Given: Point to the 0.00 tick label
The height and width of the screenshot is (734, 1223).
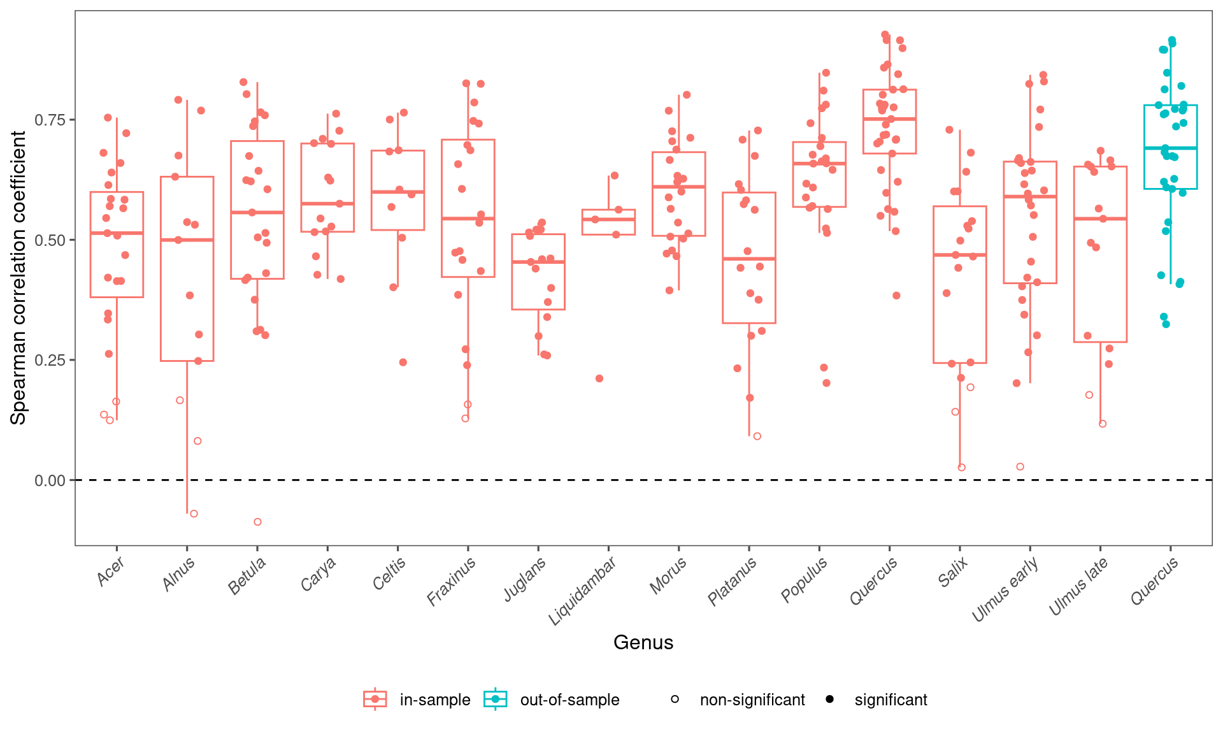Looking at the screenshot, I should [50, 480].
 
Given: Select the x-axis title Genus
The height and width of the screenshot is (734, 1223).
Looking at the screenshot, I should [643, 642].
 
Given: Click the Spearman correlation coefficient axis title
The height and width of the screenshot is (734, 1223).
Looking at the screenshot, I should [18, 278].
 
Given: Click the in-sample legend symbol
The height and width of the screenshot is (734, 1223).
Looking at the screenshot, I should [375, 700].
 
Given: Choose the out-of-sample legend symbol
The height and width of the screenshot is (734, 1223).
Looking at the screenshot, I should [496, 700].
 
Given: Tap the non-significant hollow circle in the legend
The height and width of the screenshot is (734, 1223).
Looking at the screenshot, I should [675, 700].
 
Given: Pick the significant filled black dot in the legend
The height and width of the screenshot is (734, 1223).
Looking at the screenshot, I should [829, 700].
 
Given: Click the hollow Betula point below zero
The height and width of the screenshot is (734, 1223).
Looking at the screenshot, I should [257, 522].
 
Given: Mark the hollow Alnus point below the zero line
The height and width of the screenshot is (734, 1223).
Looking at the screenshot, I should [194, 514].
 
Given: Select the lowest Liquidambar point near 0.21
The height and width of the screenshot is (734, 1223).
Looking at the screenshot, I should [599, 378].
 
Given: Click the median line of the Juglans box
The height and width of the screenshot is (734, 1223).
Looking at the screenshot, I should [538, 262].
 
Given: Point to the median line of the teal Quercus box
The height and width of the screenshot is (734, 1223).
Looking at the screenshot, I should [1170, 148].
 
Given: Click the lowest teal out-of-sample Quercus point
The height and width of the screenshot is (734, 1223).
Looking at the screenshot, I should [1166, 324].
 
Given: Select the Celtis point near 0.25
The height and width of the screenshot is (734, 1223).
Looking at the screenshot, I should [403, 363].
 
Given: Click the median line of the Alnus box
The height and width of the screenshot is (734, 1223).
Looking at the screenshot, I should [187, 240].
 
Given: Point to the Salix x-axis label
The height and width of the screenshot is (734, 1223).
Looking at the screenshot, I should [953, 572].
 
